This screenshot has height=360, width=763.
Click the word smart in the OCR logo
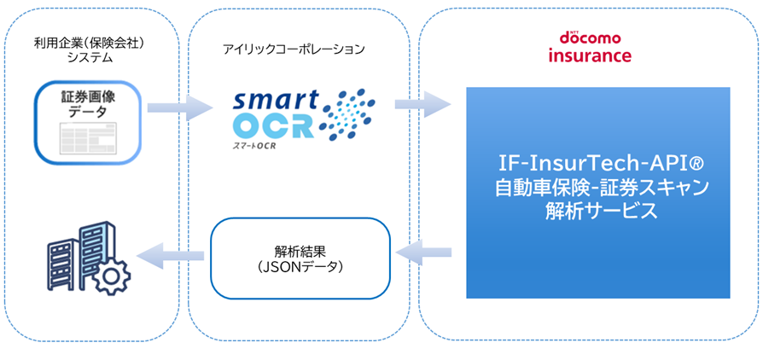click(273, 99)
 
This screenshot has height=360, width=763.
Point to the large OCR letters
click(273, 126)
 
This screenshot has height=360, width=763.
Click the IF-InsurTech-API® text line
click(598, 162)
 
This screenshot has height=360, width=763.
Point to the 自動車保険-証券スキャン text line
click(598, 187)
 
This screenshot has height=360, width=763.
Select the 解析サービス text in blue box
click(598, 212)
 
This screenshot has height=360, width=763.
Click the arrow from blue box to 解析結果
click(424, 251)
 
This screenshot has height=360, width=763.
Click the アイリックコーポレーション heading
click(293, 49)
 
